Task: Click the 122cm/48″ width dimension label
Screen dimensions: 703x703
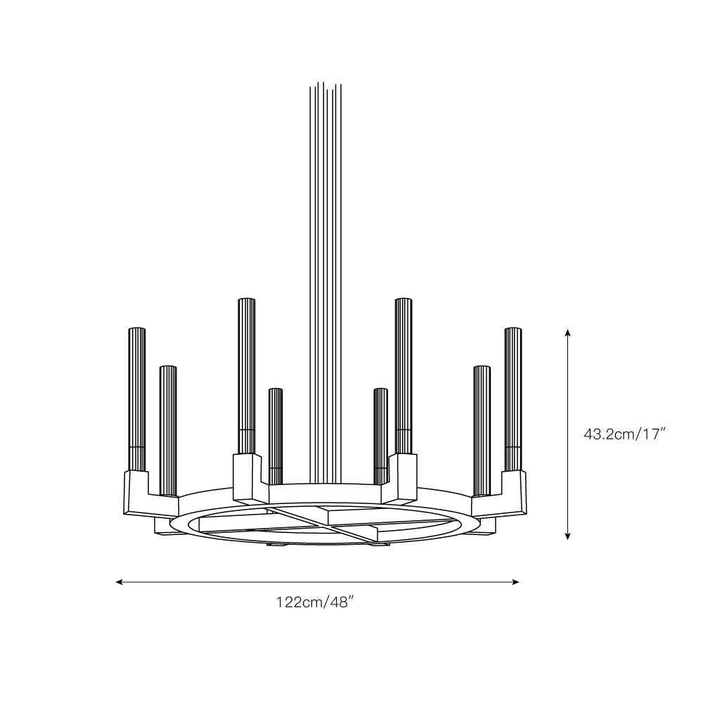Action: [313, 602]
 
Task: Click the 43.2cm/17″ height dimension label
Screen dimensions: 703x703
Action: [624, 434]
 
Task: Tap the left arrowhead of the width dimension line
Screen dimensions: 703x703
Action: [120, 582]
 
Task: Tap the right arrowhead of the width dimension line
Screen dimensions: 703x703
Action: [515, 582]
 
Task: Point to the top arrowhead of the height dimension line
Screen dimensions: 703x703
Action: [567, 333]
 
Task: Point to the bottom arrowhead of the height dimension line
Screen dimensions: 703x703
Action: [567, 535]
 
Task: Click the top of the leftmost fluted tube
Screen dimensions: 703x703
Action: [137, 329]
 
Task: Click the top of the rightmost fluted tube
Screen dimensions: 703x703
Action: [513, 329]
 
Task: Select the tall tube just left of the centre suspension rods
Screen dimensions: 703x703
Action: [247, 377]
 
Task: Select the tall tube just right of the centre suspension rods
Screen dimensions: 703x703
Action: [404, 377]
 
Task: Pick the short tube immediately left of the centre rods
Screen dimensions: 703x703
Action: [276, 436]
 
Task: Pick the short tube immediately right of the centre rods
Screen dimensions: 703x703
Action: [380, 436]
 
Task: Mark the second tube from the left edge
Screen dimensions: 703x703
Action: [168, 431]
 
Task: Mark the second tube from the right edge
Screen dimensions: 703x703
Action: [482, 431]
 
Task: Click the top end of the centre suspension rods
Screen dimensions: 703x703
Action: [325, 84]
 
